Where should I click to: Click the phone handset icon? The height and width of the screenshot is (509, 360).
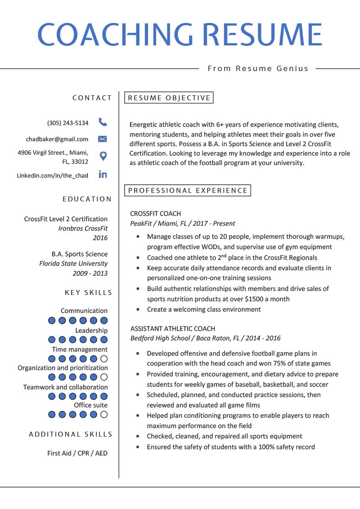103,122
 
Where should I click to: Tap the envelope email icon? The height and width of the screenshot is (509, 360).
103,139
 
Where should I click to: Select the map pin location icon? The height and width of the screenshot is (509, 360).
103,156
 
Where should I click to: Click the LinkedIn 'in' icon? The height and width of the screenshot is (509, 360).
103,174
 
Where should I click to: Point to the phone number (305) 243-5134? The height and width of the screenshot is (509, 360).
68,123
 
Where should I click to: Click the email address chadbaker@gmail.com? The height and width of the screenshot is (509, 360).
57,139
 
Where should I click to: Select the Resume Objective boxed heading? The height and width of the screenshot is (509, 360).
169,98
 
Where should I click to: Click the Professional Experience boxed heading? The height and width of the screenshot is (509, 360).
188,191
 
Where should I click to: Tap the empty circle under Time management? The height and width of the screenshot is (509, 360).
104,359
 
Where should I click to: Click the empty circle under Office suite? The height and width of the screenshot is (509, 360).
104,415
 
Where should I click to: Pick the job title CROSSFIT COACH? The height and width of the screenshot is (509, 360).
155,214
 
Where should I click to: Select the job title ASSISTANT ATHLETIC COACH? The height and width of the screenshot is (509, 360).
173,329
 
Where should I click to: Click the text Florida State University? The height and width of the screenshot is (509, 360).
73,263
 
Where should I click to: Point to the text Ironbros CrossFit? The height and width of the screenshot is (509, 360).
83,228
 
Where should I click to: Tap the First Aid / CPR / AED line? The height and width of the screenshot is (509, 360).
77,453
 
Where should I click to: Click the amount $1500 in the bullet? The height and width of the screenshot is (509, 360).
254,299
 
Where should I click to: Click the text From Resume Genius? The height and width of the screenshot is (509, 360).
258,68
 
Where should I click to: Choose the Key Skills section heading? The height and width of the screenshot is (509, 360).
88,293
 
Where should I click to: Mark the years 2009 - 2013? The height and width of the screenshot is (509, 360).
90,273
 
